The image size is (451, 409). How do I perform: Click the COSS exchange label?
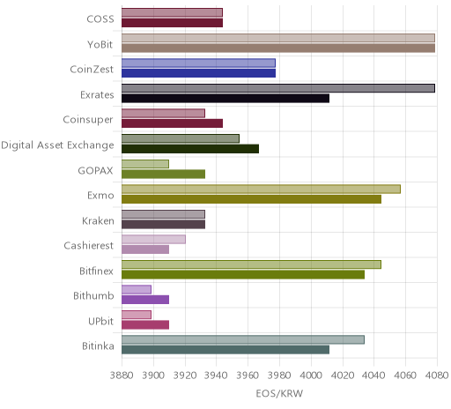(x=100, y=19)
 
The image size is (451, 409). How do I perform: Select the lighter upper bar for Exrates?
(x=278, y=88)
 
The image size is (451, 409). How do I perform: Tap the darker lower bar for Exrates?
(x=225, y=99)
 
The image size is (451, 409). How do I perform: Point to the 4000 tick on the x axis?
(x=311, y=376)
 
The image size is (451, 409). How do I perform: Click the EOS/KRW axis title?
(x=279, y=393)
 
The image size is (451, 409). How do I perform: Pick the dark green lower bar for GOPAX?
(x=164, y=175)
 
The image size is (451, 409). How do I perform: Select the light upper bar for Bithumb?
(x=137, y=289)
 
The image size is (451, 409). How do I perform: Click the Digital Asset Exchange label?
(x=57, y=145)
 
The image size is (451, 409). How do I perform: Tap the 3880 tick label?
(x=122, y=376)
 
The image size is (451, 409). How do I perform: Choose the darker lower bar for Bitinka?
(x=225, y=350)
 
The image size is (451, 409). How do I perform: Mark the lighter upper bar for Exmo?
(x=261, y=190)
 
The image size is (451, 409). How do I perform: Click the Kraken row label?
(x=98, y=220)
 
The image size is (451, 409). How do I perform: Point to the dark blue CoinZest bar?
(x=199, y=73)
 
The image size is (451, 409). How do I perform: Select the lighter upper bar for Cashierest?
(x=153, y=240)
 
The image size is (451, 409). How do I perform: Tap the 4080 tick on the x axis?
(x=437, y=376)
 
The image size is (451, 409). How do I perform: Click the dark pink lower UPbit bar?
(x=145, y=325)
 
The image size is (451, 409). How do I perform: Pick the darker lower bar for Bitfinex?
(x=243, y=275)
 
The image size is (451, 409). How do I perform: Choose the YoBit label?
(x=100, y=45)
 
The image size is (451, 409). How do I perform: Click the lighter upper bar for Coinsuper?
(x=163, y=114)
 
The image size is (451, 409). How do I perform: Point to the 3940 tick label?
(x=216, y=376)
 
